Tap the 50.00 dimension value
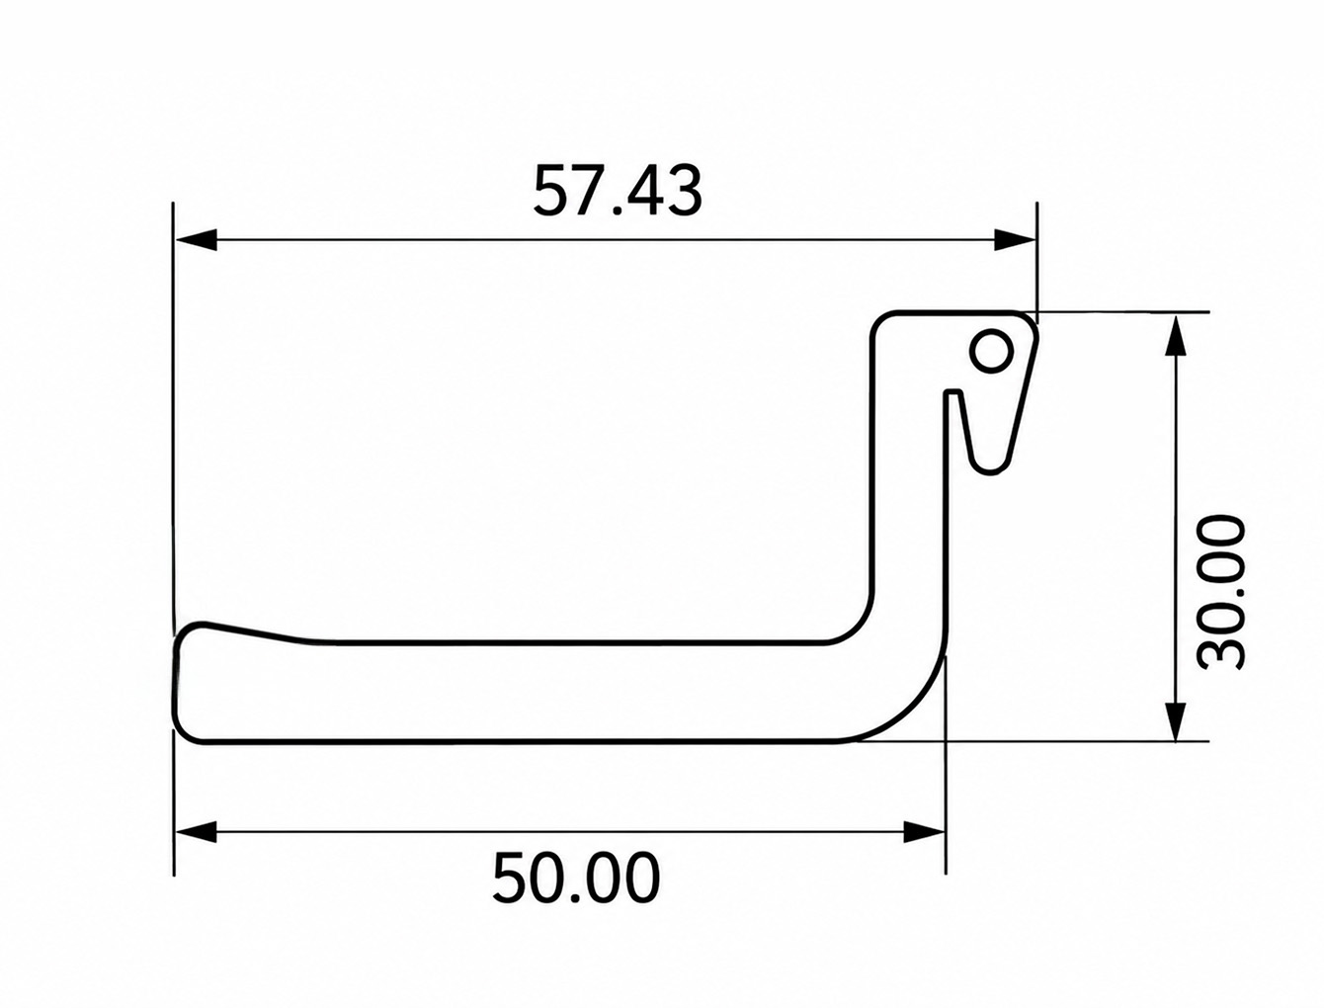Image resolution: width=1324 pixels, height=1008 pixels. pos(576,878)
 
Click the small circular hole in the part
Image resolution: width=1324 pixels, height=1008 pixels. pos(991,351)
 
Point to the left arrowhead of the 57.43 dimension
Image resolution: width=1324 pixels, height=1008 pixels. pos(195,239)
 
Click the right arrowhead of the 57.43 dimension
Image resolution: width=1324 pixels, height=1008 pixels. pos(1015,239)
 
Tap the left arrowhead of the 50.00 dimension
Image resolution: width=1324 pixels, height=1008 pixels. pos(195,832)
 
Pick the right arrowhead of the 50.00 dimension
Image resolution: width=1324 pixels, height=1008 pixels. pos(924,832)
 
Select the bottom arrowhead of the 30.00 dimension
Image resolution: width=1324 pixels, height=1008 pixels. pos(1175,719)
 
